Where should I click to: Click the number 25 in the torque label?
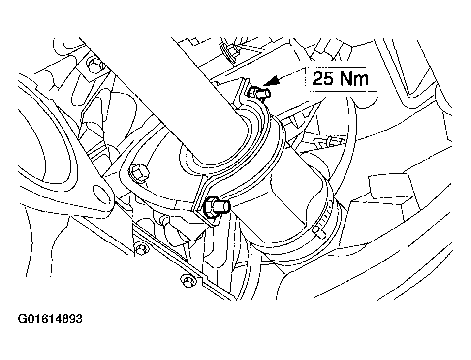click(x=323, y=79)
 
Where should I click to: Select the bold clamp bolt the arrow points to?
click(x=260, y=93)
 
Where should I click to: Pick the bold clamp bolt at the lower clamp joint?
click(x=216, y=207)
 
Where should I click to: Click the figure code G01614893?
click(x=50, y=319)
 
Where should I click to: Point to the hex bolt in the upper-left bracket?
click(x=95, y=65)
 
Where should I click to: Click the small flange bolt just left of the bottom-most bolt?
click(x=141, y=249)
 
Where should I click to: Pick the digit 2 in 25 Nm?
click(x=318, y=79)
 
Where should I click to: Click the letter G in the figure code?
click(x=22, y=319)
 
